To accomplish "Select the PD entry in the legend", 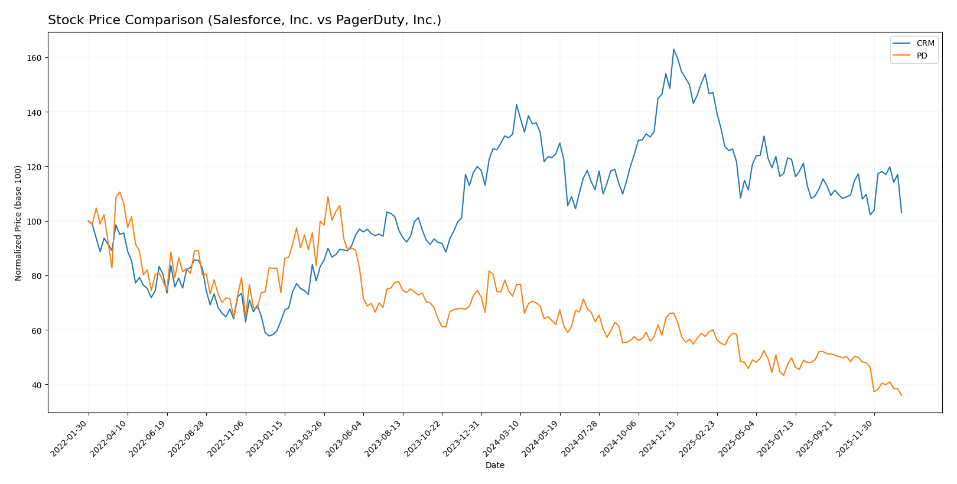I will click(x=922, y=56).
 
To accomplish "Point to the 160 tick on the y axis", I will click(x=37, y=58).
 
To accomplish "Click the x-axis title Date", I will click(x=494, y=466).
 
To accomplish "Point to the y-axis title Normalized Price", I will click(x=18, y=223).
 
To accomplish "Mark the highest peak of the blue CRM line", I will click(x=673, y=49).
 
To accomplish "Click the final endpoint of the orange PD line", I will click(x=901, y=395).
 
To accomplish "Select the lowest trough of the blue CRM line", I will click(x=269, y=336).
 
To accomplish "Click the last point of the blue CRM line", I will click(x=901, y=213).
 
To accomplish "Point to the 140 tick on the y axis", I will click(x=37, y=112).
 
